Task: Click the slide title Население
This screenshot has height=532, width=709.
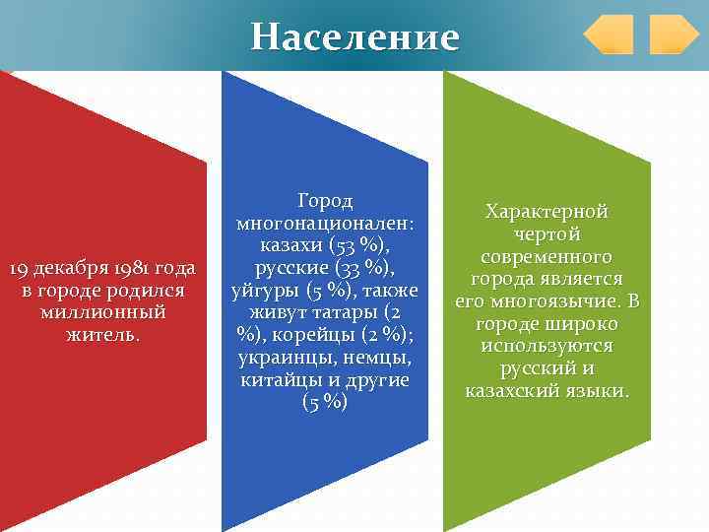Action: click(354, 36)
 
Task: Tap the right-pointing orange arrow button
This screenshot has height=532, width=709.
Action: click(674, 34)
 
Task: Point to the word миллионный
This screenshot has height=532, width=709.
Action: click(102, 312)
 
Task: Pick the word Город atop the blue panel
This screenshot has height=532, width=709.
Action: click(325, 201)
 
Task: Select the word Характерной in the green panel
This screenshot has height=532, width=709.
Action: click(547, 212)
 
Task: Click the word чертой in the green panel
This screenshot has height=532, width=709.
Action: click(547, 234)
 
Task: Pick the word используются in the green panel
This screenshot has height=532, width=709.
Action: click(547, 346)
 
